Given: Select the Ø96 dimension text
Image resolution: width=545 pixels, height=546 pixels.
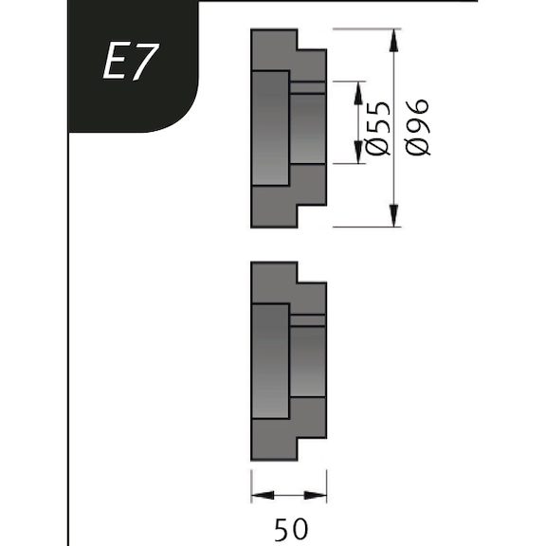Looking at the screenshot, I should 417,126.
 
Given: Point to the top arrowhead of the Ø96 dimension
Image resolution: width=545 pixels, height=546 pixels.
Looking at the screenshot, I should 393,36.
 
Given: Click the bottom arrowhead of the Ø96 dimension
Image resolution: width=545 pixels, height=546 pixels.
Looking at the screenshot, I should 393,220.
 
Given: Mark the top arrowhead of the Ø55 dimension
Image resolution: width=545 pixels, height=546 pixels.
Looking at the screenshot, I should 358,88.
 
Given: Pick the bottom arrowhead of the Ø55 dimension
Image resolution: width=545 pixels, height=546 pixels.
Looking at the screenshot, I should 358,158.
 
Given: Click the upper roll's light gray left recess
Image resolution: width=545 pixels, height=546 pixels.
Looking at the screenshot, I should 270,128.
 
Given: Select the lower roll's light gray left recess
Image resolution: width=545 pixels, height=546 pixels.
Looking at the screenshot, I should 270,360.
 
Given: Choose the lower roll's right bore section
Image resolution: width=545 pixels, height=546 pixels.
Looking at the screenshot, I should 308,361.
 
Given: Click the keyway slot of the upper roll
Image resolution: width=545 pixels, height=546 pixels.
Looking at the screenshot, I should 308,88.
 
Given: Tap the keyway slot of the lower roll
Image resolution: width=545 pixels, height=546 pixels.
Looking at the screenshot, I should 308,320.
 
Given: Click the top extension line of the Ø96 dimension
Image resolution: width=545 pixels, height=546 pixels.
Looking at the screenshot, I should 365,28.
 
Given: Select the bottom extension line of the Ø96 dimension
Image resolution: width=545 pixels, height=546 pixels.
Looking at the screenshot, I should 365,227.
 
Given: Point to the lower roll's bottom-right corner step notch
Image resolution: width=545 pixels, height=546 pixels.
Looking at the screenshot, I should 314,449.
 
